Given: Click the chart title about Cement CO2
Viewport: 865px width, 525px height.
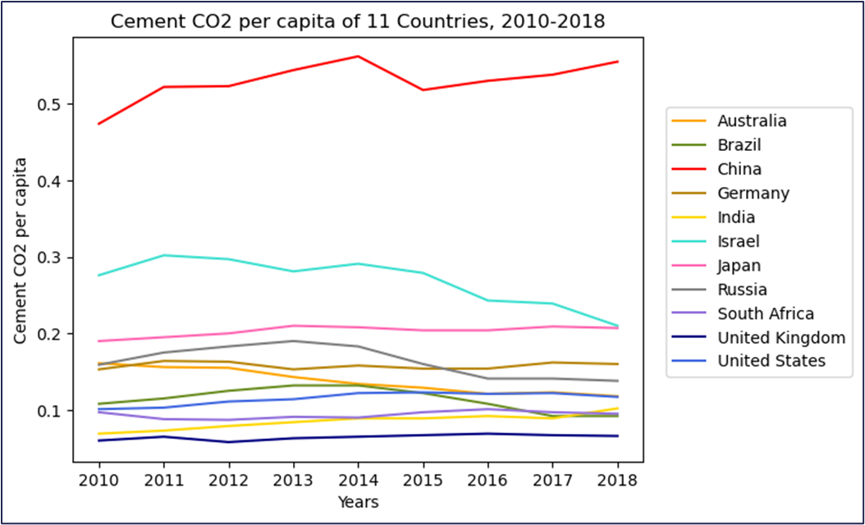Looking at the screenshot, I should coord(357,22).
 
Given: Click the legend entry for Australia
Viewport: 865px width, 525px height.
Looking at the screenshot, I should coord(752,121).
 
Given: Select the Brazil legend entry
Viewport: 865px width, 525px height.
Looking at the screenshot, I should coord(739,145).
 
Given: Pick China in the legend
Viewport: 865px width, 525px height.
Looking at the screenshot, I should coord(739,169).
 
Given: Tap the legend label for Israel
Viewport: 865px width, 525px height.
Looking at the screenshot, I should coord(738,241).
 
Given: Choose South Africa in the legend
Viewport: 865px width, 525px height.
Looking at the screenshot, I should coord(765,313).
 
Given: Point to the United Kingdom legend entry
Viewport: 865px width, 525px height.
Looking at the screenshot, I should coord(780,337).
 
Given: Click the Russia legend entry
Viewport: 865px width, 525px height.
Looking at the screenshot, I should coord(742,290).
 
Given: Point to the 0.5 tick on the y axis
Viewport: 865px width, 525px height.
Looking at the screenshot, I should coord(51,104).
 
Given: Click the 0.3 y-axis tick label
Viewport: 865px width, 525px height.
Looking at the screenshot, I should coord(51,258).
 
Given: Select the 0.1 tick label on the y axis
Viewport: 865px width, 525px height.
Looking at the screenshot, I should coord(51,411).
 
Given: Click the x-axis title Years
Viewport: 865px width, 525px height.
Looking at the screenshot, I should coord(357,501).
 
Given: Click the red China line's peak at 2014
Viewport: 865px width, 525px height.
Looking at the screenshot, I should coord(357,56).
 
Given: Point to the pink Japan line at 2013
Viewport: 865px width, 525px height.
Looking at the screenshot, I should coord(291,326).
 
